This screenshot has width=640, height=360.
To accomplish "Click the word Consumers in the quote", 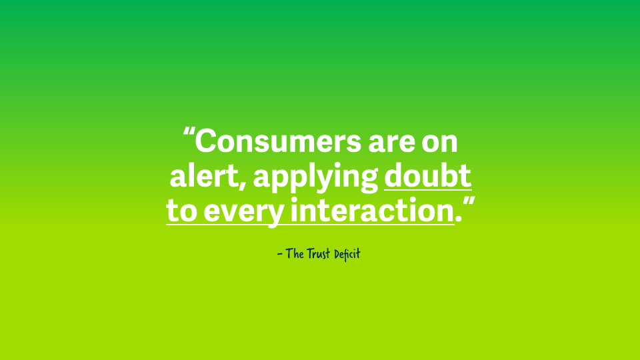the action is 278,141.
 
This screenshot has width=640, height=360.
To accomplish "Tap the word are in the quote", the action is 392,143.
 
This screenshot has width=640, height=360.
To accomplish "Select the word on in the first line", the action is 439,143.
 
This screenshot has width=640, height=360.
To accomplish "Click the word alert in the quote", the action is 204,175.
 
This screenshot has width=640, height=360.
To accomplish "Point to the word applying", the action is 315,178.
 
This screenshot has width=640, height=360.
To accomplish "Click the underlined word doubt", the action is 428,175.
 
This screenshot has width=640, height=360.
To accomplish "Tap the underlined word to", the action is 182,211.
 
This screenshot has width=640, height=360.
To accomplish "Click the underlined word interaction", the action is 372,210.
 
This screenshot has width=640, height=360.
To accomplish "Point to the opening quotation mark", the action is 188,133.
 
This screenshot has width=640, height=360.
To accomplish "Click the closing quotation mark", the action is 469,203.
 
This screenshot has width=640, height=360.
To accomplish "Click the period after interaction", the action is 459,219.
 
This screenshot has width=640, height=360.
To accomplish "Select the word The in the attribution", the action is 294,253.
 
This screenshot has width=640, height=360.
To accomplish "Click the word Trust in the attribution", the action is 318,253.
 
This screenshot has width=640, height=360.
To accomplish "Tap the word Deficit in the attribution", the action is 347,254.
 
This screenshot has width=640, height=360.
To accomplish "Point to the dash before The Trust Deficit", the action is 279,254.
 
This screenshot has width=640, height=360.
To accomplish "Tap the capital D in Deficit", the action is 337,254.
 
